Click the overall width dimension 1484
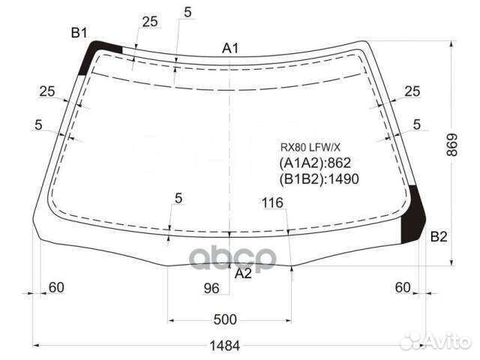(x=224, y=346)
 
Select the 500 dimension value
(x=225, y=319)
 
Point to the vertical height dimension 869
(x=451, y=145)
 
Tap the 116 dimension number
(x=272, y=202)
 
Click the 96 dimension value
(x=211, y=288)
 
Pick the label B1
(x=79, y=33)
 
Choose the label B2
(x=439, y=237)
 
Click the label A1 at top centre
(x=230, y=48)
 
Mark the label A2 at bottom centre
(x=243, y=273)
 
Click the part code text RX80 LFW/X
(x=310, y=148)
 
